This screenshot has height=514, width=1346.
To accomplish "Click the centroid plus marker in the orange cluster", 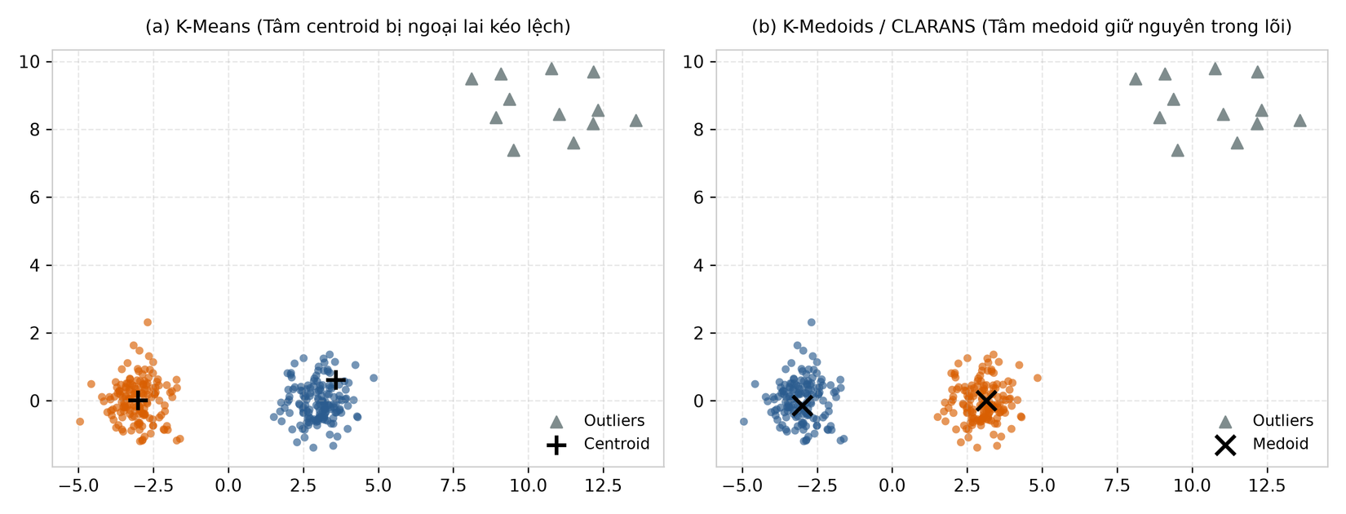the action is click(138, 401).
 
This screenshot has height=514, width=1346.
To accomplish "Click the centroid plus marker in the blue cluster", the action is click(336, 380).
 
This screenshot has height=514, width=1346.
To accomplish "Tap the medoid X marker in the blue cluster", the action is click(802, 405).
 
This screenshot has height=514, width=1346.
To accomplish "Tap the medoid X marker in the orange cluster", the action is click(986, 400).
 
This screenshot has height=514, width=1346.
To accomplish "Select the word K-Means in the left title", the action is click(213, 27).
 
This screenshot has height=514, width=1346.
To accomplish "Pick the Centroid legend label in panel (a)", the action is click(617, 445).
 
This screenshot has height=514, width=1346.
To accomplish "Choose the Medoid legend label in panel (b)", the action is click(1281, 445).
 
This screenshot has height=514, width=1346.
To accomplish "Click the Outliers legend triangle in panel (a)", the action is click(556, 422).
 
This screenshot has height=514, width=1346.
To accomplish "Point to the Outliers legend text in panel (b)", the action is click(1283, 421).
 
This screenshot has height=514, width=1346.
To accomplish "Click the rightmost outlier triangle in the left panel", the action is click(635, 121).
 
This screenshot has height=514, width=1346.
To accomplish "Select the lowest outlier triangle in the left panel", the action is click(513, 150).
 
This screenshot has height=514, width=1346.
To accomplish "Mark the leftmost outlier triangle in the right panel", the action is click(1135, 79).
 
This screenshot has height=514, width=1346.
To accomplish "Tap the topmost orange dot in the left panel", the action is click(148, 322).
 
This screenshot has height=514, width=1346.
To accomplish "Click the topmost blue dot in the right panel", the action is click(811, 322).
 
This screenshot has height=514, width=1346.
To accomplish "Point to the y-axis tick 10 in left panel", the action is click(29, 62).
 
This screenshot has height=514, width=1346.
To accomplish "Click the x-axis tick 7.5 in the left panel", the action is click(453, 485).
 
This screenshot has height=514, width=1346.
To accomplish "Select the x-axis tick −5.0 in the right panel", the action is click(742, 485).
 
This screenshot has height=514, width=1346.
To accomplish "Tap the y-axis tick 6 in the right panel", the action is click(698, 197).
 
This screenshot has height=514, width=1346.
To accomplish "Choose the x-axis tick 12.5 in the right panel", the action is click(1268, 485).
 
